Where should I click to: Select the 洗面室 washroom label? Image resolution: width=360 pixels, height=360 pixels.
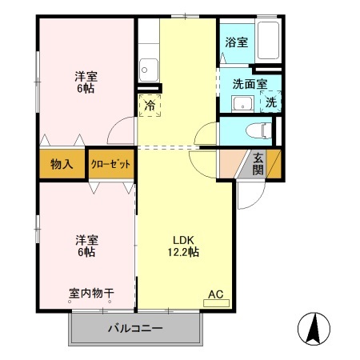(250, 82)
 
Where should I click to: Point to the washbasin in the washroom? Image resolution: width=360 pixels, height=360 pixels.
(242, 103)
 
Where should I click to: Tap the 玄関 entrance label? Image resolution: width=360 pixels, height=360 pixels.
(259, 163)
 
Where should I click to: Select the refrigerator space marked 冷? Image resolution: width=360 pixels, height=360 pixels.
(150, 105)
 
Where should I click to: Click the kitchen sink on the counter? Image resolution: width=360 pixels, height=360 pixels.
(147, 69)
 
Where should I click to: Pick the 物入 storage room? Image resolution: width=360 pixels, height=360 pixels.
(62, 165)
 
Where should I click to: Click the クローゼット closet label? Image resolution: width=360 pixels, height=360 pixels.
(110, 165)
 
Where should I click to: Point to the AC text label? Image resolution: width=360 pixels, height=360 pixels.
(215, 294)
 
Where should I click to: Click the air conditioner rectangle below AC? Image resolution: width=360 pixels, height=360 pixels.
(216, 303)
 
